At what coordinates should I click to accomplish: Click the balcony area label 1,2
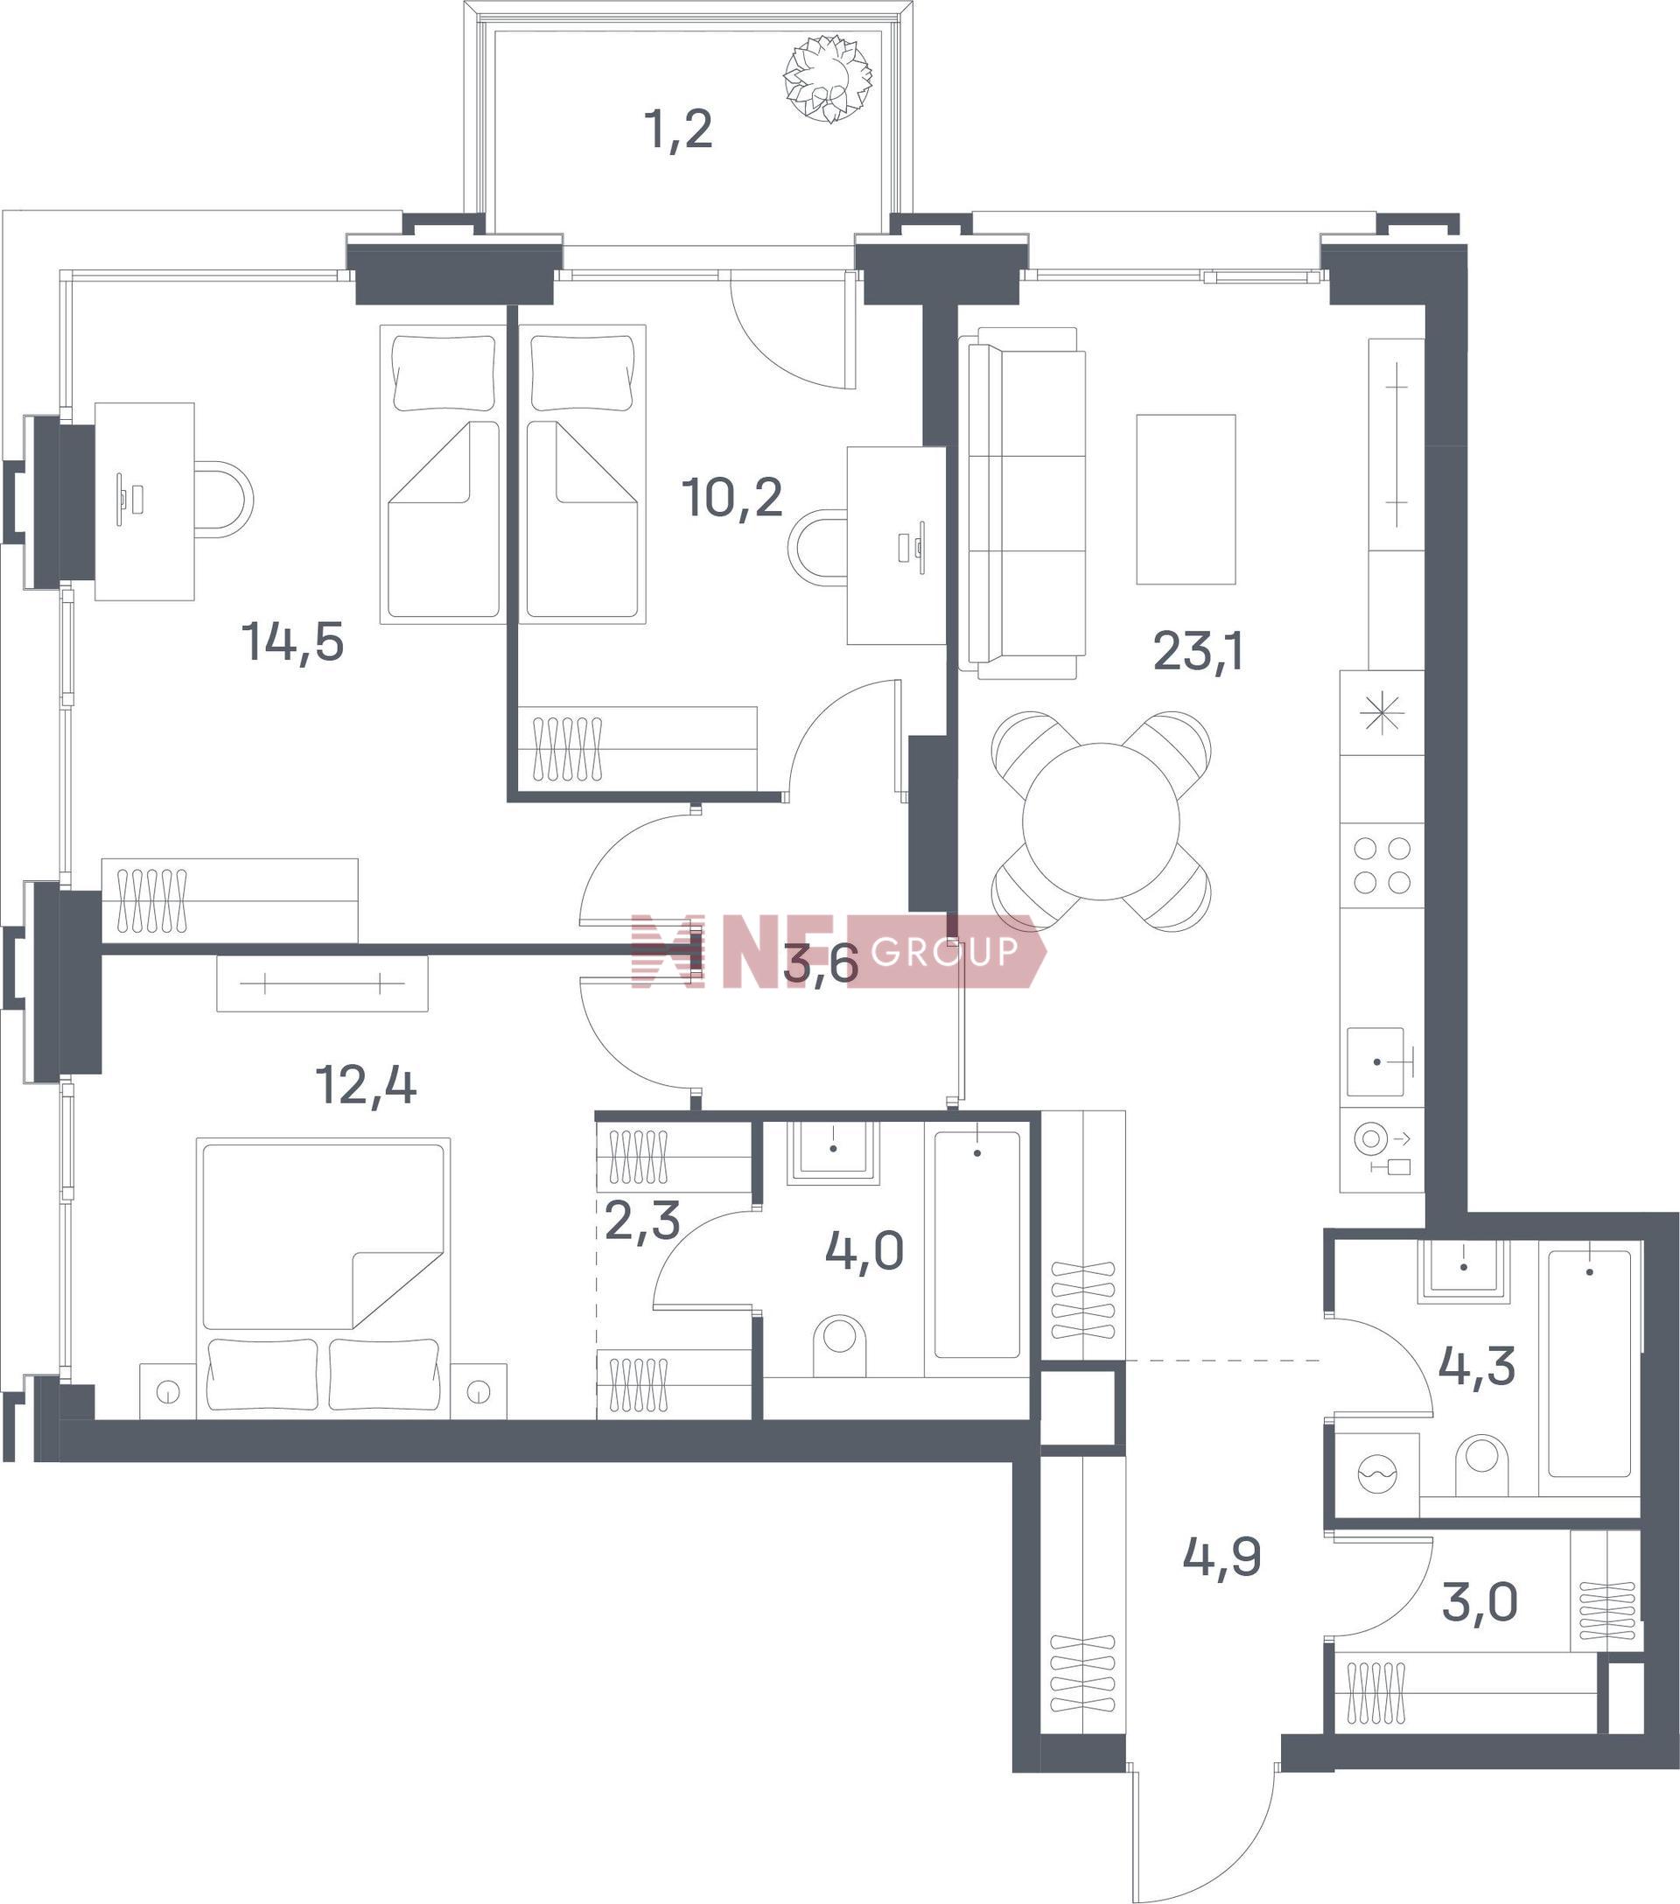678,130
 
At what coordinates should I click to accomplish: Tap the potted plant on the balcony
827,78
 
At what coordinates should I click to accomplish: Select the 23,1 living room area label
1198,651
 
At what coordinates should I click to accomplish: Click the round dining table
1101,822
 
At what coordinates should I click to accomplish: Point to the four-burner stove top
1382,865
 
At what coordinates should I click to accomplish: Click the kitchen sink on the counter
1375,1062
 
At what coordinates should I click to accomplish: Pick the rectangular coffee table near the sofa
1186,500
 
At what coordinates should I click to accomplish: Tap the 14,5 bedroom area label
292,643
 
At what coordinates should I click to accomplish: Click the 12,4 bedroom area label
366,1084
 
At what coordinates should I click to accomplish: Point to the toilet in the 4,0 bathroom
839,1344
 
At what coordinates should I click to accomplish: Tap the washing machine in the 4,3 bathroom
1376,1474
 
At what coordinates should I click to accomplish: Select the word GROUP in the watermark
944,951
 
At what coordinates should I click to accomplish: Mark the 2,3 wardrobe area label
642,1221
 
